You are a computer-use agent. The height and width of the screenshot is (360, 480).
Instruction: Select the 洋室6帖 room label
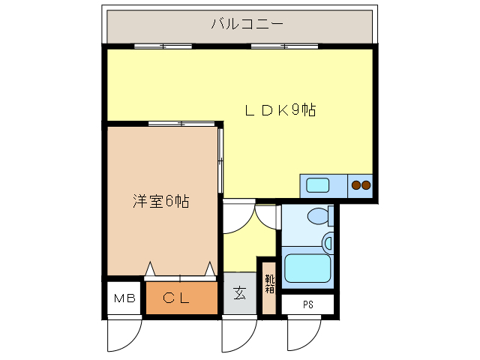point(160,201)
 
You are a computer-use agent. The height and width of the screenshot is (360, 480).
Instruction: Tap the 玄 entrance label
point(239,293)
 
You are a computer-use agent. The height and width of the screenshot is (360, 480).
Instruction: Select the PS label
point(308,304)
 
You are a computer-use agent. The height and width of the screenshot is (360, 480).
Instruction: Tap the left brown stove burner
point(355,184)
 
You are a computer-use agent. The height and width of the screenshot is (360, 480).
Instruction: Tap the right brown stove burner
point(367,184)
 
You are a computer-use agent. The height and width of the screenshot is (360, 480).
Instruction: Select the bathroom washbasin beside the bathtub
point(328,243)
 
